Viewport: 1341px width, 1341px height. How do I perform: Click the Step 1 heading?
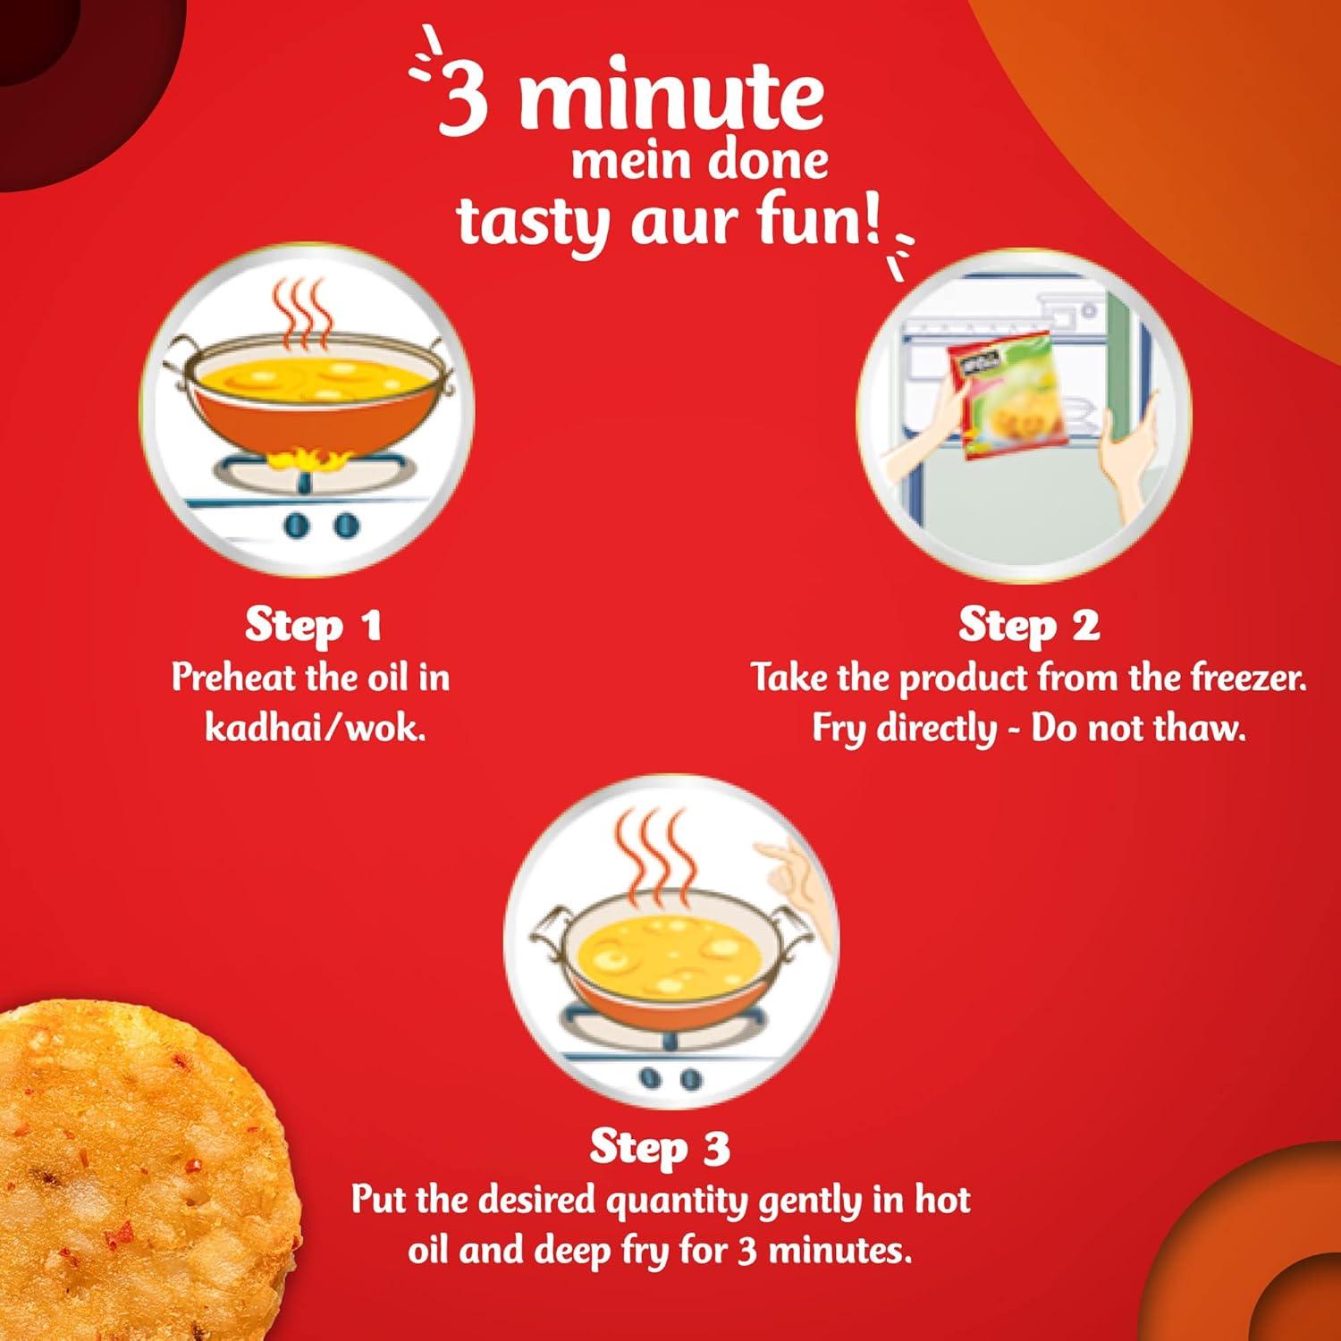313,625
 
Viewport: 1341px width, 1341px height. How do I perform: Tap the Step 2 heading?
1029,625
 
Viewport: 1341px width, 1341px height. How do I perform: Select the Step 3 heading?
660,1147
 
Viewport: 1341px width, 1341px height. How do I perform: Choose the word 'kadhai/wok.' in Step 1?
315,728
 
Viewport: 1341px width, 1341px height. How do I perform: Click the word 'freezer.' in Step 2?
1248,678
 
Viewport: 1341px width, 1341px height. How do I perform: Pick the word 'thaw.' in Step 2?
1200,728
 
